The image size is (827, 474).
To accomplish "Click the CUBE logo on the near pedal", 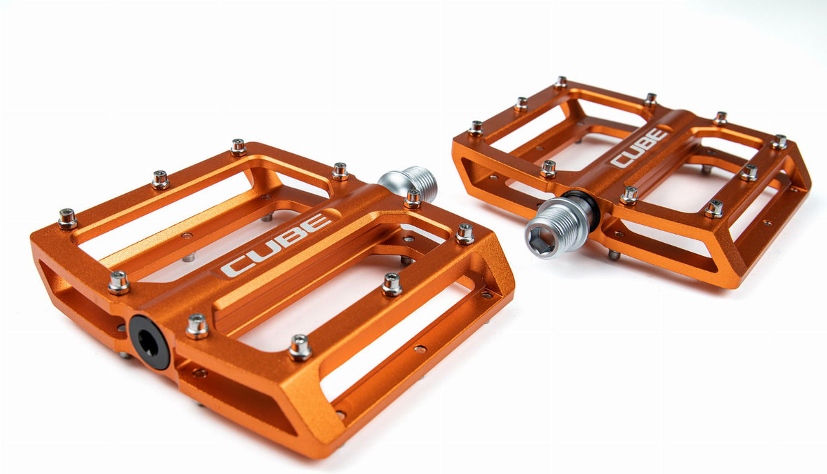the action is [276, 244].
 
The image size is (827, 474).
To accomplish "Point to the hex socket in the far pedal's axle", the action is [540, 241].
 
